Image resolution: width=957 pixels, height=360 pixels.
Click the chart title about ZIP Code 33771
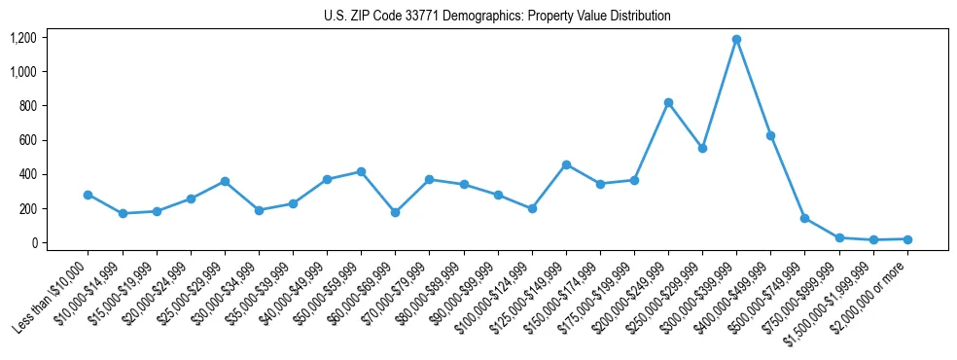tap(497, 17)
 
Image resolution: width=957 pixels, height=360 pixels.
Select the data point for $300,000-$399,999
tap(736, 40)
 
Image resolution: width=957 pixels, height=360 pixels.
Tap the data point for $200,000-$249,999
tap(668, 102)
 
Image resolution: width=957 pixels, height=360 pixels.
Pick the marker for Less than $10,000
tap(89, 195)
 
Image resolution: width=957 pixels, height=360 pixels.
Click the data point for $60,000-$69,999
tap(395, 212)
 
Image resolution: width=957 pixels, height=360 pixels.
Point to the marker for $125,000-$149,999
tap(566, 164)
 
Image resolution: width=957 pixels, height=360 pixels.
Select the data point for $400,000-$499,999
tap(770, 135)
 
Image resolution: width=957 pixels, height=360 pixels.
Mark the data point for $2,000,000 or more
tap(907, 239)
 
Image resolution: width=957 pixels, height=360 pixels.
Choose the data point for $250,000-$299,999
tap(702, 148)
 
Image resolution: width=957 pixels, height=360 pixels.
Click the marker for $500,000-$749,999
tap(804, 218)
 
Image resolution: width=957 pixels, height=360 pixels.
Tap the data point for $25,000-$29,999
tap(225, 181)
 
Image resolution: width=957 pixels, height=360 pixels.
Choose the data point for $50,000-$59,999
tap(361, 171)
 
